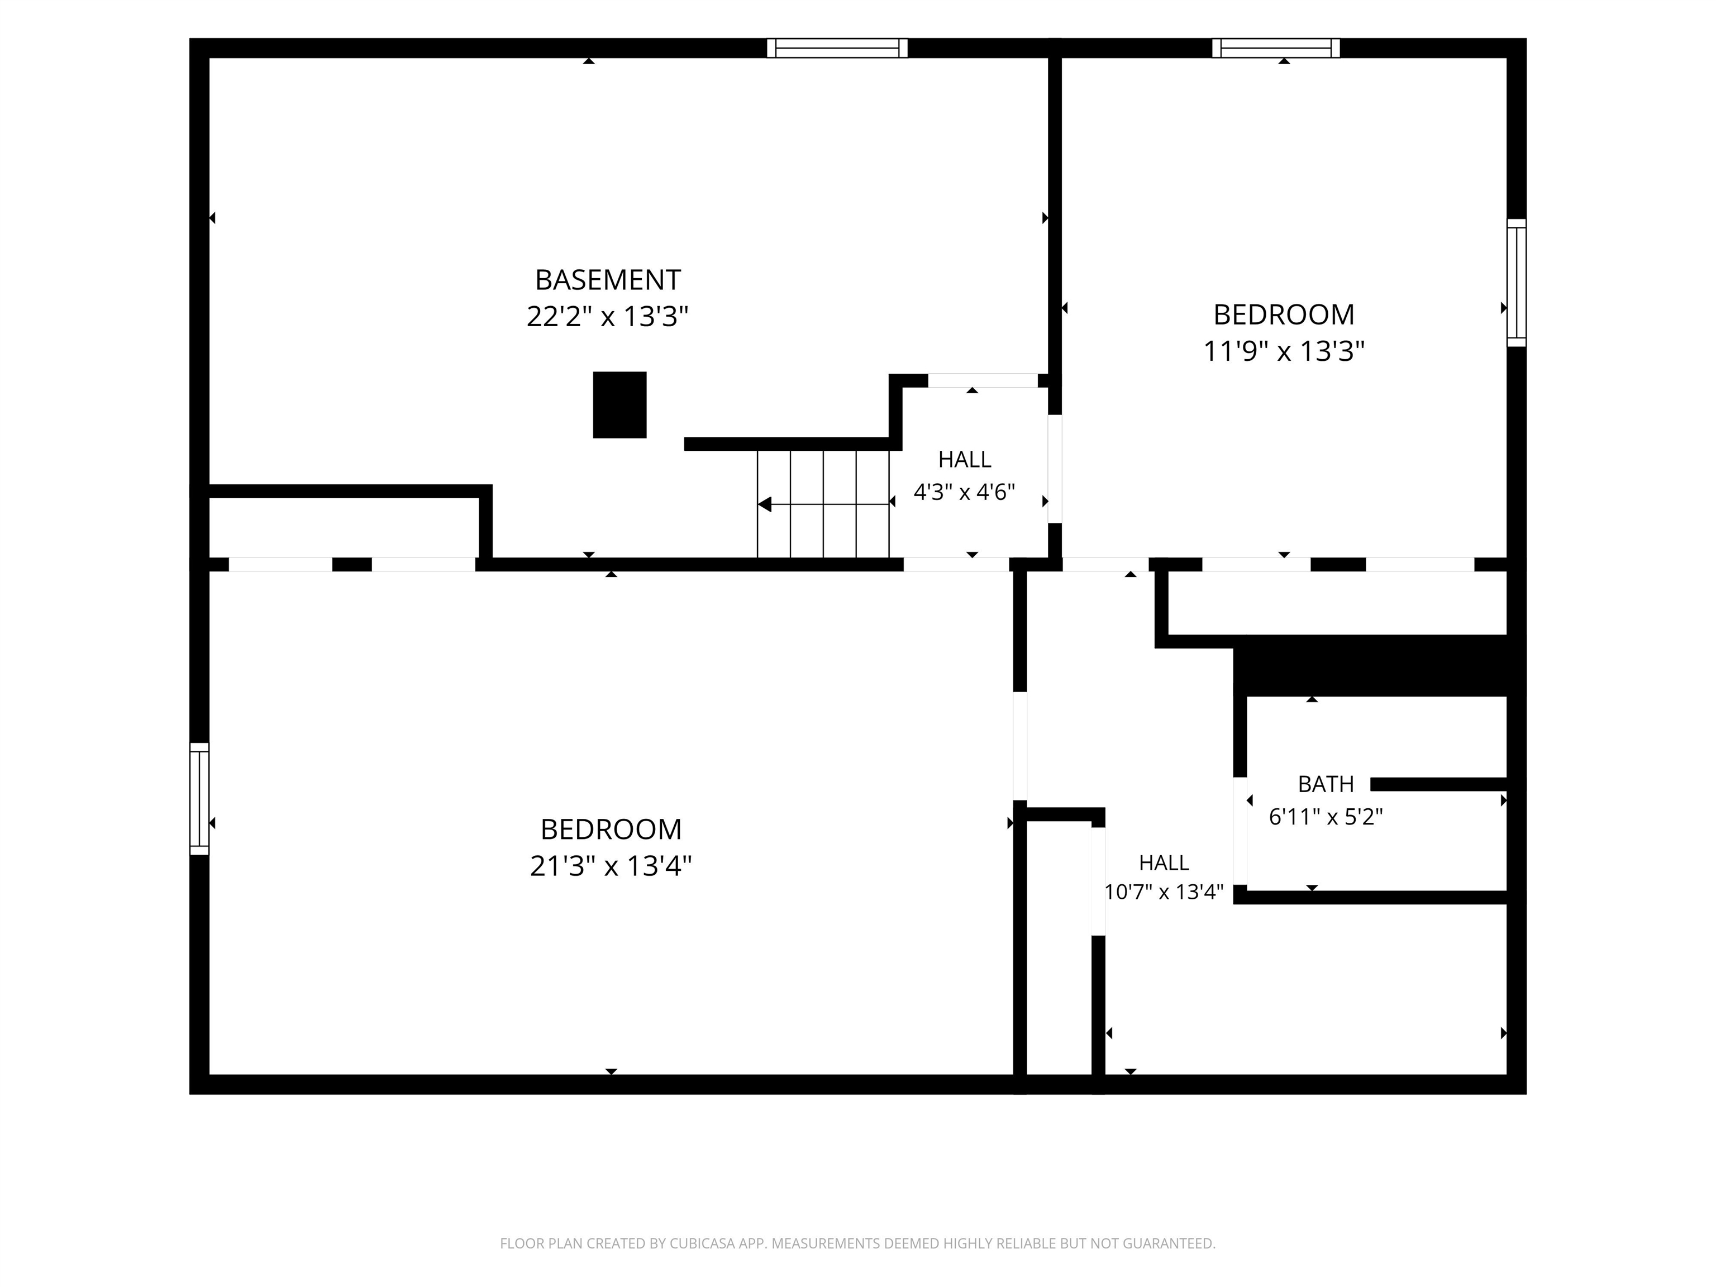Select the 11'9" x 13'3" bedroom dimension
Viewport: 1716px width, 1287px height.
pyautogui.click(x=1284, y=351)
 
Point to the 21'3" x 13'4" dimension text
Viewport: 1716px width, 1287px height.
pyautogui.click(x=611, y=866)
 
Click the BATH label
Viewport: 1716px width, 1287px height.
pyautogui.click(x=1326, y=784)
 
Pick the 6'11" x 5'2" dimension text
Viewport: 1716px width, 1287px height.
pyautogui.click(x=1326, y=817)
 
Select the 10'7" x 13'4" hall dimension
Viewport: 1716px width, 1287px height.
pyautogui.click(x=1164, y=892)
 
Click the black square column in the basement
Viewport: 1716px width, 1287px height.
pyautogui.click(x=620, y=405)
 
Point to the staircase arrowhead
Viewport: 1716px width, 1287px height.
pyautogui.click(x=764, y=504)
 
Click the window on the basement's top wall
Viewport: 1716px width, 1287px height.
pyautogui.click(x=837, y=48)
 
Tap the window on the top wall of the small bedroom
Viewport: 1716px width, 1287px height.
pyautogui.click(x=1276, y=48)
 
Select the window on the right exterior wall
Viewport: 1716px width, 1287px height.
pyautogui.click(x=1517, y=283)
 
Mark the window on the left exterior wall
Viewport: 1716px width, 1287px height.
pyautogui.click(x=199, y=799)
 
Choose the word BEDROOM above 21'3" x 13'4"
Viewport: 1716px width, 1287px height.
pyautogui.click(x=611, y=830)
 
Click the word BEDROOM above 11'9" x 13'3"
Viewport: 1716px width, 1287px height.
pyautogui.click(x=1284, y=315)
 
